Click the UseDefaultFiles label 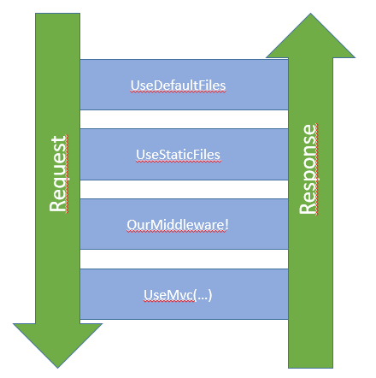click(178, 86)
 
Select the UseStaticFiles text click(178, 155)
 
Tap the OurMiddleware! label click(178, 225)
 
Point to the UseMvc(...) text click(178, 295)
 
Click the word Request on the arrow click(58, 174)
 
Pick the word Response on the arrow click(308, 169)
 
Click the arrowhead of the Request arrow click(57, 346)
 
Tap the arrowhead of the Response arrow click(310, 36)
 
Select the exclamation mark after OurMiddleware click(226, 224)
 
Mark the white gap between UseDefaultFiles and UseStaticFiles click(184, 119)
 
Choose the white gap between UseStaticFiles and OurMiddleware click(184, 189)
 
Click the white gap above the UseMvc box click(184, 259)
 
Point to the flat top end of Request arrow click(57, 14)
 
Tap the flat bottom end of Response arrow click(310, 368)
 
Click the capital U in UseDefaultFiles click(134, 86)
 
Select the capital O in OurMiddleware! click(132, 225)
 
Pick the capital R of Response click(308, 209)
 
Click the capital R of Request click(58, 206)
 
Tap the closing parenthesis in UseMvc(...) click(210, 295)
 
